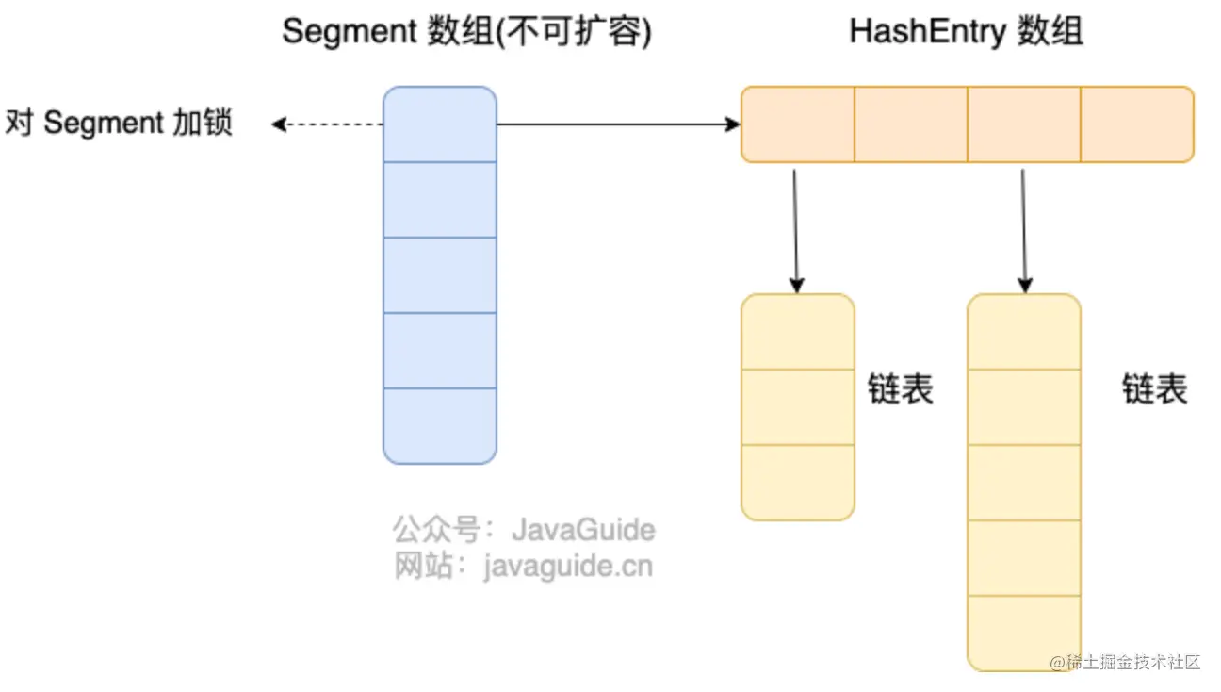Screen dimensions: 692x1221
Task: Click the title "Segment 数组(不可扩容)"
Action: coord(467,32)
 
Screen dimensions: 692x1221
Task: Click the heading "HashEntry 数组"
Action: coord(966,32)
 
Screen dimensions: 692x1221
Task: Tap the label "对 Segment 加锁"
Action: coord(119,124)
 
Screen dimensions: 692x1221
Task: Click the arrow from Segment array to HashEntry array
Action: coord(617,124)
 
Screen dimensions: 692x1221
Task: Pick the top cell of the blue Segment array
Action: coord(439,124)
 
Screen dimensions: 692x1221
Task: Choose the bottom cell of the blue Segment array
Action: coord(439,426)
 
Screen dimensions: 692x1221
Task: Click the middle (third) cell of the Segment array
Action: coord(439,275)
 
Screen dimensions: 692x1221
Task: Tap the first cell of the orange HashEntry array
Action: coord(797,124)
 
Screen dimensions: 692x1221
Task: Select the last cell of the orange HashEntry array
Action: coord(1136,124)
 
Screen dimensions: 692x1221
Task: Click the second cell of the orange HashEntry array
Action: coord(910,124)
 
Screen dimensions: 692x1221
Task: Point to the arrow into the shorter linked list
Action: coord(796,231)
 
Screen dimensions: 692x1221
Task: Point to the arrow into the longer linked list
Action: coord(1024,231)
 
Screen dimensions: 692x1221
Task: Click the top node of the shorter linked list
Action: coord(797,332)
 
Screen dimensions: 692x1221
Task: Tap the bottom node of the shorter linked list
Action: coord(797,482)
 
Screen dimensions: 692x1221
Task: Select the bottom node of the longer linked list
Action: coord(1023,633)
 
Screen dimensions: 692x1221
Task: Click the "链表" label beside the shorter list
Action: coord(900,389)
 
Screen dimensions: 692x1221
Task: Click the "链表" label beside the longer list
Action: coord(1154,389)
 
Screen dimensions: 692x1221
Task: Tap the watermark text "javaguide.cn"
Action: coord(567,567)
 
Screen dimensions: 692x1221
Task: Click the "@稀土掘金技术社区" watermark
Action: coord(1126,662)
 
